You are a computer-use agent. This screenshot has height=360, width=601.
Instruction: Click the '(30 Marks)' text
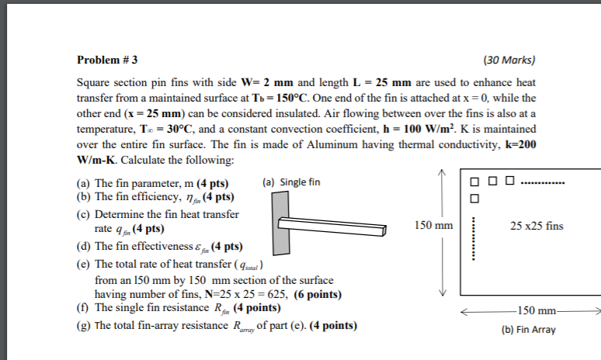point(509,59)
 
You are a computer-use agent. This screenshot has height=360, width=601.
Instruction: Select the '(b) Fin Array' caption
point(529,329)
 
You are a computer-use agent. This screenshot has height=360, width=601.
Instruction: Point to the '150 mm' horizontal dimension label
point(537,311)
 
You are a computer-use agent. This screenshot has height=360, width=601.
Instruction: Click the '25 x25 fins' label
point(537,226)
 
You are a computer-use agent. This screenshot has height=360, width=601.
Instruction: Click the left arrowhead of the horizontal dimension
point(464,311)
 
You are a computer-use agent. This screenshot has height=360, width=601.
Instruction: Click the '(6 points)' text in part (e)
point(316,294)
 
